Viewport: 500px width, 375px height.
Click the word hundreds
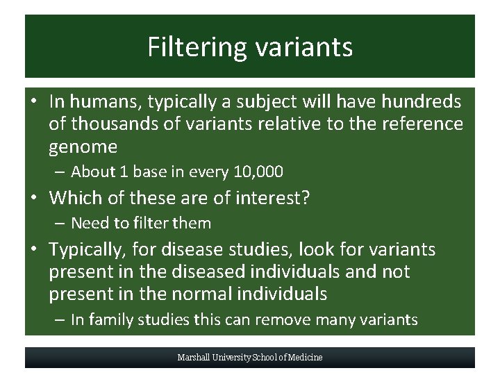[x=419, y=102]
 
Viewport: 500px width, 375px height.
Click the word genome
[x=83, y=147]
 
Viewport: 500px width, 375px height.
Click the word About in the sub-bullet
[x=93, y=172]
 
